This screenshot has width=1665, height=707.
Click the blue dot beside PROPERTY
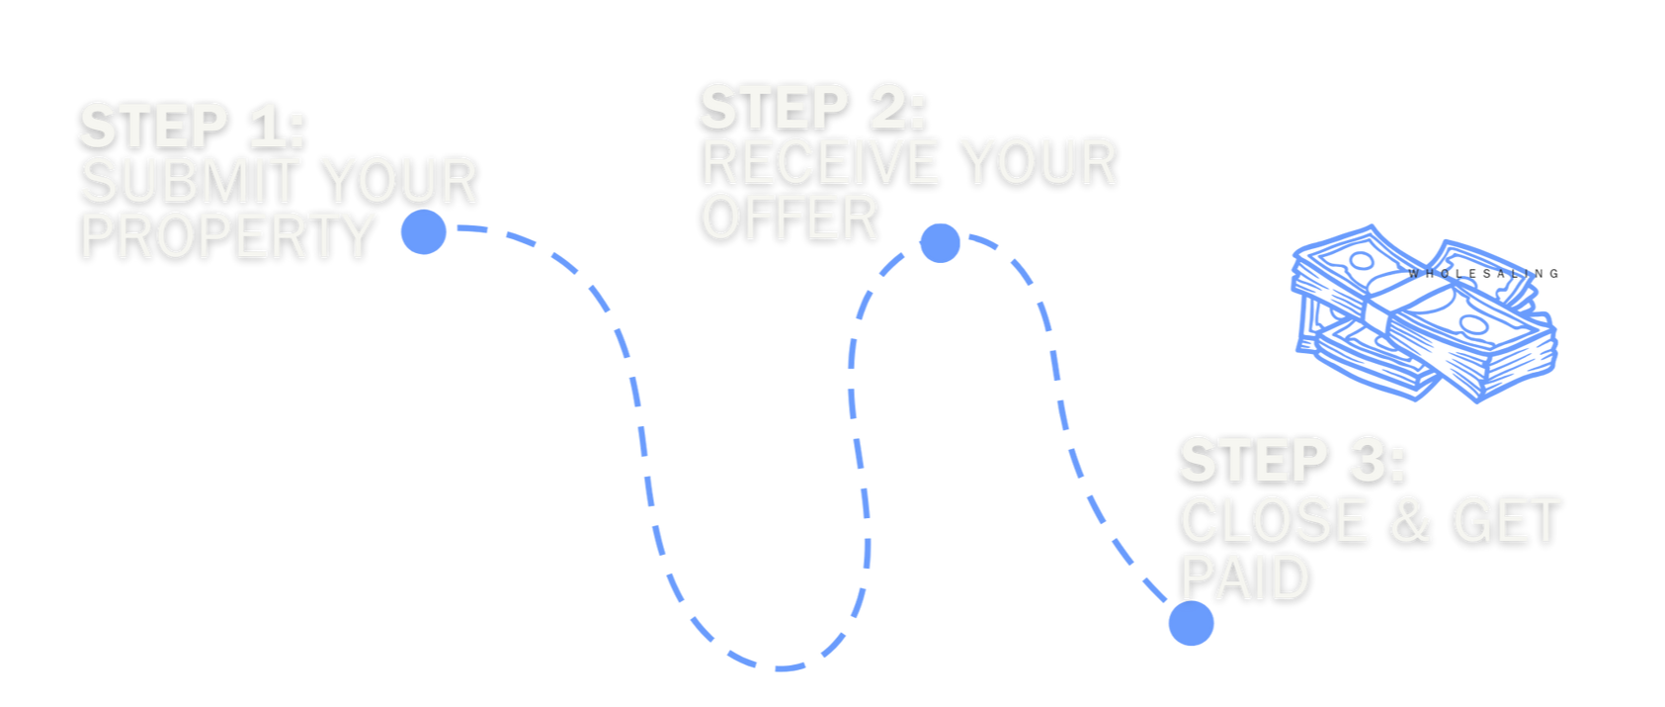424,232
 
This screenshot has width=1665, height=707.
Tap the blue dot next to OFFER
940,242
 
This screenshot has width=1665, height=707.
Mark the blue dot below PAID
1191,623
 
